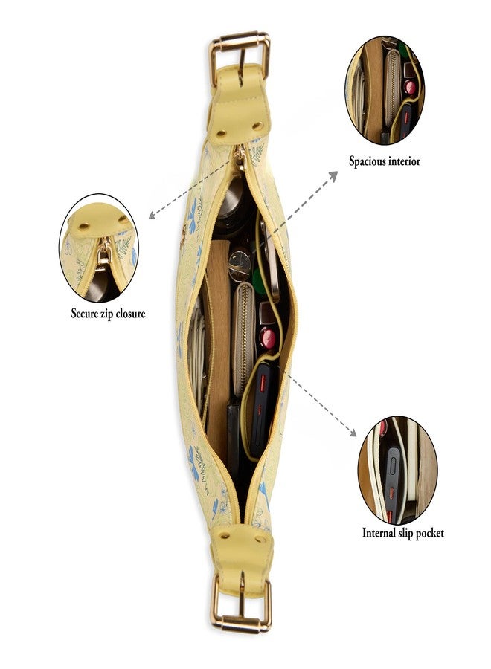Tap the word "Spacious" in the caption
tap(367, 161)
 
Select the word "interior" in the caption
tap(403, 161)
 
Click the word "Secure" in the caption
tap(85, 314)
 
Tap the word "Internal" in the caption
tap(379, 532)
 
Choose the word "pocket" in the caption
tap(429, 533)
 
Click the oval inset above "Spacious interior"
tap(385, 91)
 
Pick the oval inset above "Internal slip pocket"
tap(397, 471)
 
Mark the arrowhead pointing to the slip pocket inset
tap(352, 432)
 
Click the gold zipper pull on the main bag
tap(240, 158)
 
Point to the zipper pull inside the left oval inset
tap(103, 256)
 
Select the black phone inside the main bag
tap(261, 410)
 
